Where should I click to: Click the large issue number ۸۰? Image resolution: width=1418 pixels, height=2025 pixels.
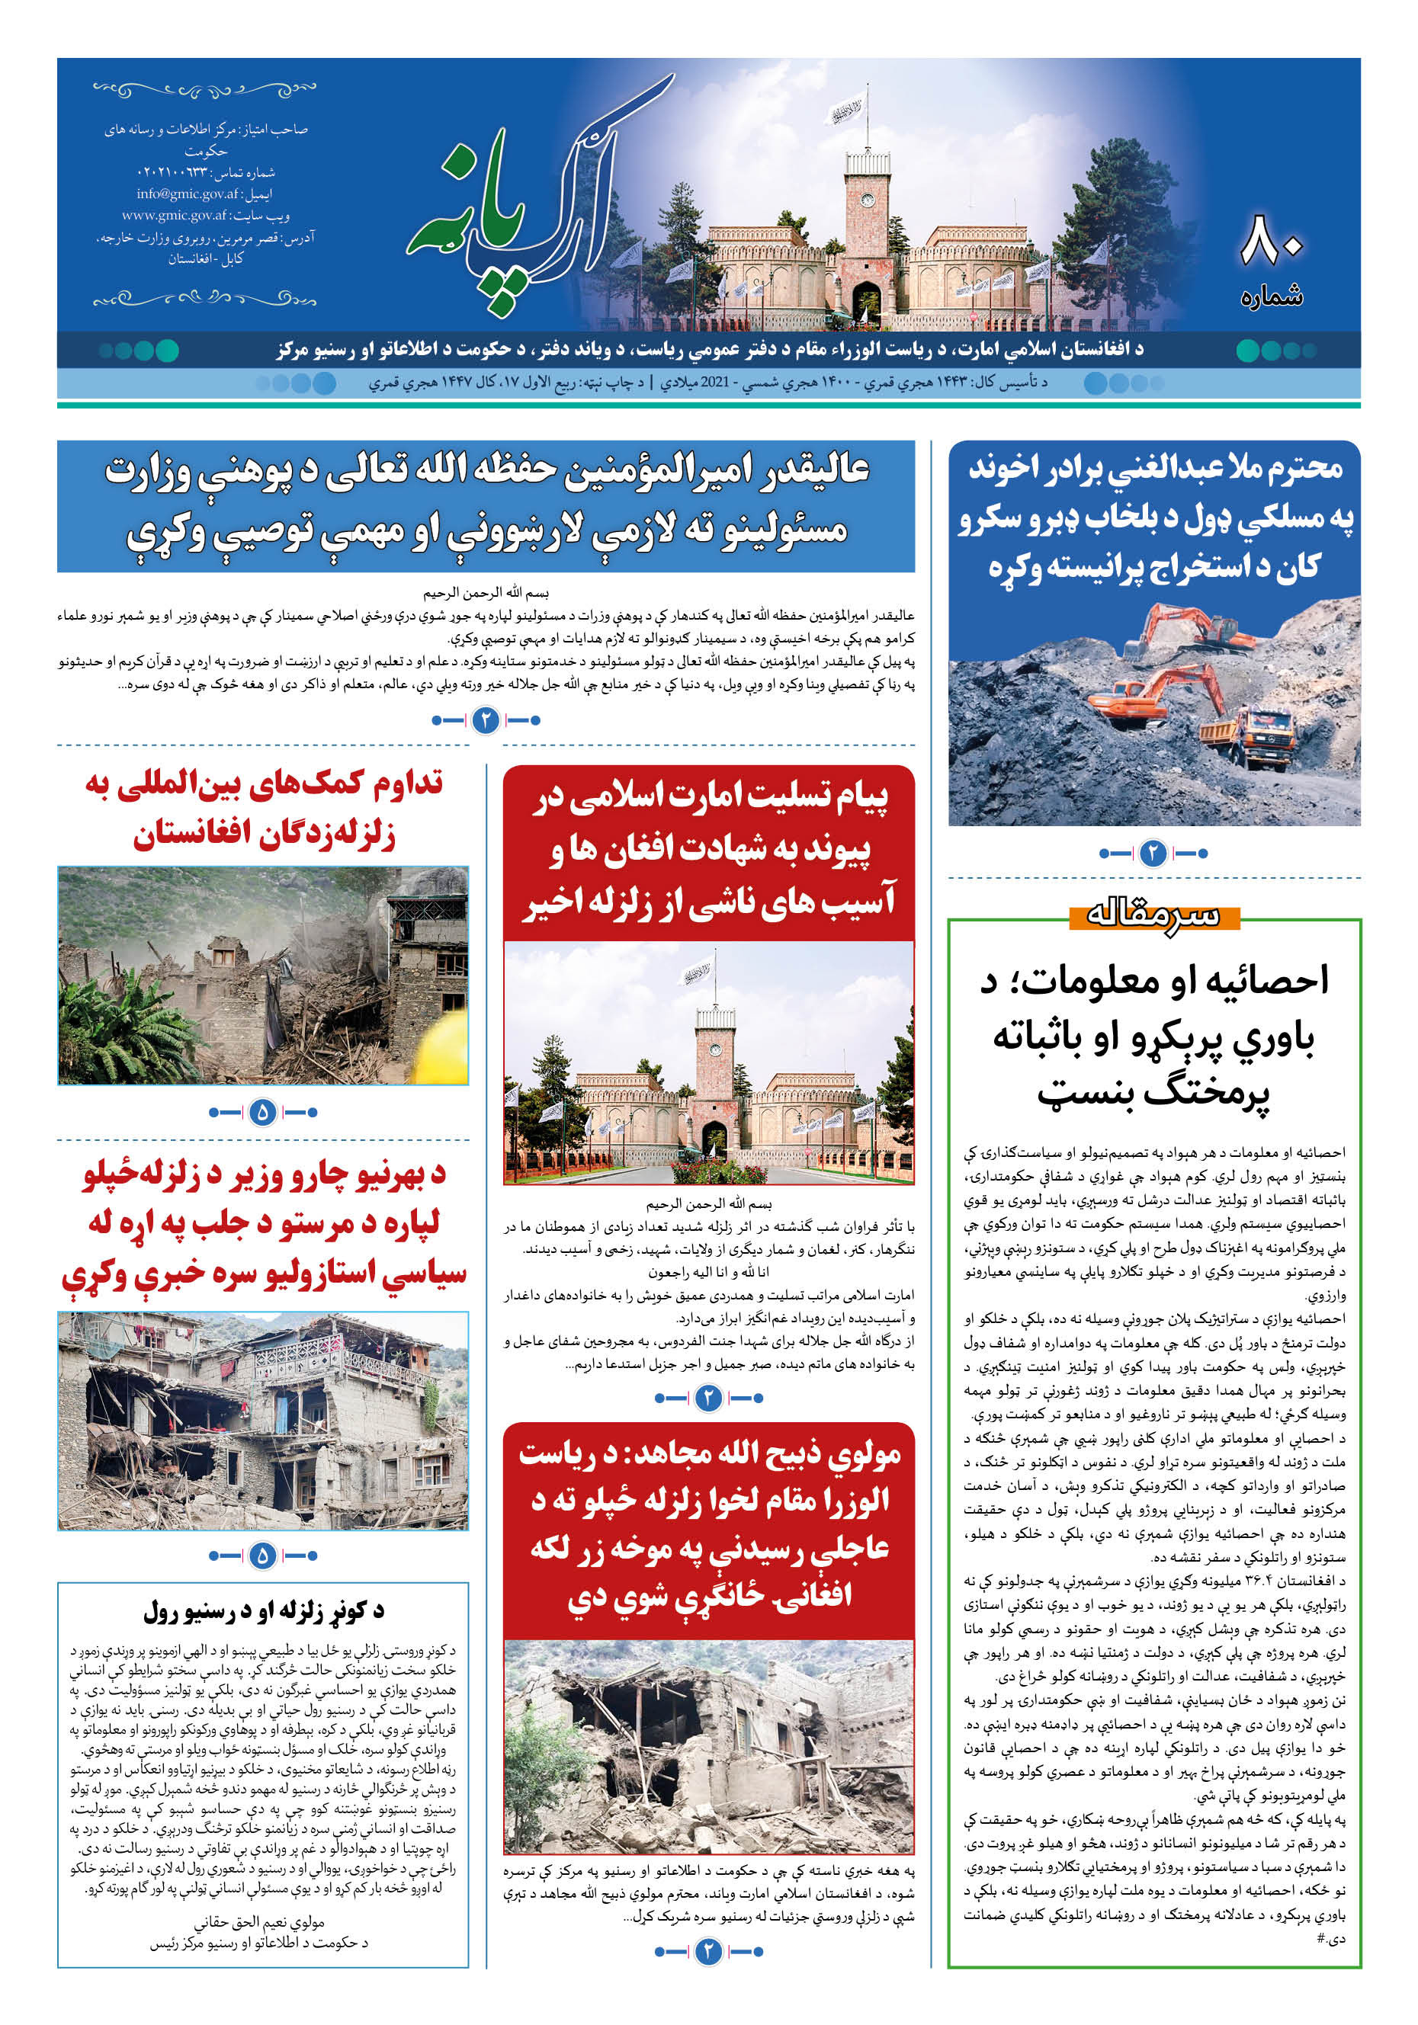[x=1271, y=241]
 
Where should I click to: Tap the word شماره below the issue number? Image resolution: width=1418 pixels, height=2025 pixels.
[x=1271, y=296]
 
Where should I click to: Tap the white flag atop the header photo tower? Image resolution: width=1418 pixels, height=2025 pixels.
[x=845, y=111]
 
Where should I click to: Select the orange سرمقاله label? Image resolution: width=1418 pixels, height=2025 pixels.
[x=1153, y=915]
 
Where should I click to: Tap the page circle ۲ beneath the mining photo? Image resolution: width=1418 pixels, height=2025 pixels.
[x=1153, y=853]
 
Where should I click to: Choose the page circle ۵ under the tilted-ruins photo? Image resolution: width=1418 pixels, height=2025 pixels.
[x=262, y=1556]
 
